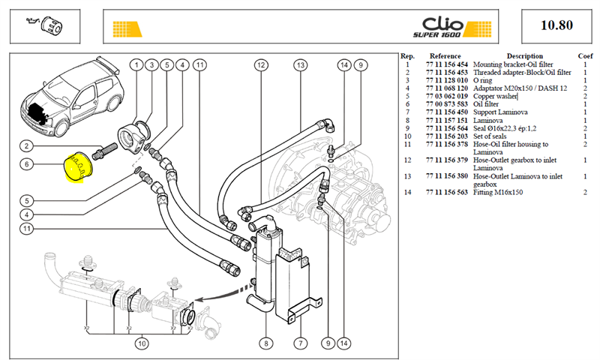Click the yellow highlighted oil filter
coord(79,166)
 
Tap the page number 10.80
coord(556,25)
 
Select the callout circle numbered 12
coord(261,65)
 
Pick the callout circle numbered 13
coord(301,65)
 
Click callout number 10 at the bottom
coord(142,343)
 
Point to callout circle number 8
coord(266,343)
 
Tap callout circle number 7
coord(301,343)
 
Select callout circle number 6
coord(26,164)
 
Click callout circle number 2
coord(26,145)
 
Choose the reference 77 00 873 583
coord(446,104)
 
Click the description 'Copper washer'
coord(495,96)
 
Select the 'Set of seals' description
coord(490,136)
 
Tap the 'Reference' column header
coord(445,55)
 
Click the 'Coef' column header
coord(585,55)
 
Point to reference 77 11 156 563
coord(446,192)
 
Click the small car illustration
coord(71,97)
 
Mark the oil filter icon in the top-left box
coord(44,25)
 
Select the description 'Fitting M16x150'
coord(498,192)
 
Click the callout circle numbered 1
coord(136,65)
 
